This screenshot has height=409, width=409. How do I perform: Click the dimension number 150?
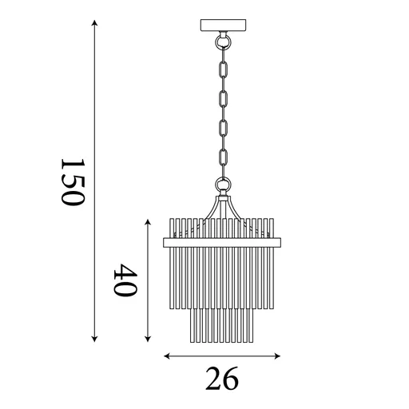tap(73, 182)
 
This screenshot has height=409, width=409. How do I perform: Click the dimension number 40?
tap(125, 280)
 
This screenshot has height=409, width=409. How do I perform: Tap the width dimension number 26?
tap(222, 379)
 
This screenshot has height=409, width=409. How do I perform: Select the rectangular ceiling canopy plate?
tap(223, 25)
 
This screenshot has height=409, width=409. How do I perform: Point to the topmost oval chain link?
tap(223, 69)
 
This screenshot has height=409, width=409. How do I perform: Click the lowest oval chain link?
tap(223, 158)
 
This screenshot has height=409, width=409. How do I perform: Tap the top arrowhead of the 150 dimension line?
tap(94, 22)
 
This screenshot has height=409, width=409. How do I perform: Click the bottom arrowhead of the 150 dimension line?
tap(94, 339)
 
